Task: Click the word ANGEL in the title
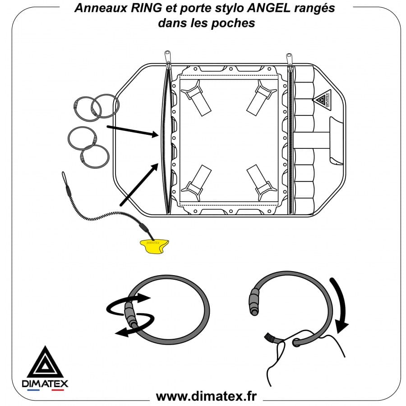coord(269,8)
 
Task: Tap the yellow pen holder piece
coord(154,246)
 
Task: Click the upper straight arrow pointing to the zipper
coord(133,131)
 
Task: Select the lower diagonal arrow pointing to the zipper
coord(139,185)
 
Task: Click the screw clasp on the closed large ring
coord(130,314)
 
